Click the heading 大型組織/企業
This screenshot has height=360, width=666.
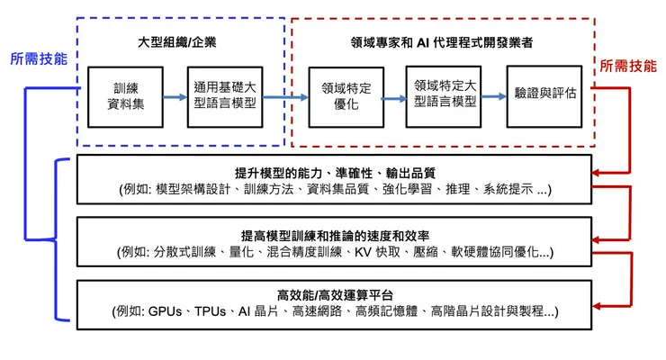point(176,41)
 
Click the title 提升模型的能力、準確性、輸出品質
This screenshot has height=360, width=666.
point(336,173)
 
